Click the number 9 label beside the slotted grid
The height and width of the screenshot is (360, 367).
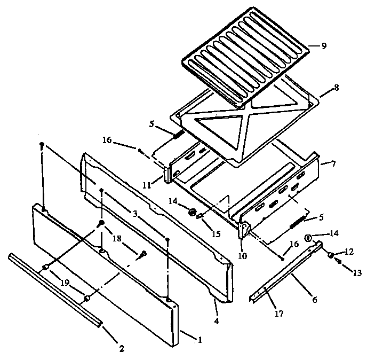[324, 46]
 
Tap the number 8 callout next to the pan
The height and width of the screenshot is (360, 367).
[336, 87]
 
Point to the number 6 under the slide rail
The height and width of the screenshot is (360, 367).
[314, 300]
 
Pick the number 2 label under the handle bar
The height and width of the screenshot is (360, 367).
[121, 349]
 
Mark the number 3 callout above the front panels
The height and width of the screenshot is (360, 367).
[135, 214]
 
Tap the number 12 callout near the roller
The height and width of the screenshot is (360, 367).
[349, 252]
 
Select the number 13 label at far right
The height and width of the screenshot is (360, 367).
[357, 272]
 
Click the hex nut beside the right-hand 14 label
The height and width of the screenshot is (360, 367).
[308, 238]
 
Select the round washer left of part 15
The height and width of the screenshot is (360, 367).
[190, 213]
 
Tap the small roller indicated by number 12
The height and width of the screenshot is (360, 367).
[331, 255]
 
